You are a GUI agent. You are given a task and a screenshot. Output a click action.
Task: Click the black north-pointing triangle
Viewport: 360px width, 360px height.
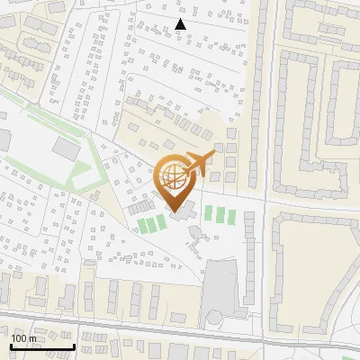coord(181,24)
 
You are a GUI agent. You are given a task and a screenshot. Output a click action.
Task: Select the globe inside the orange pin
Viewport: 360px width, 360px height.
coord(173,176)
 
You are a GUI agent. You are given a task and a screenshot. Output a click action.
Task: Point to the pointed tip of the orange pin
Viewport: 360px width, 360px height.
coord(173,211)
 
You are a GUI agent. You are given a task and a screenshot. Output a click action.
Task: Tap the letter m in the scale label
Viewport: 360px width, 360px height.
coord(33,338)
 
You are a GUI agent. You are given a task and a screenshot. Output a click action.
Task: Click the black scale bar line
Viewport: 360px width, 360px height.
coord(42,346)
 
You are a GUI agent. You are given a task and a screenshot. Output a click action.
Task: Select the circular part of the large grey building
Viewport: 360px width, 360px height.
coord(215,317)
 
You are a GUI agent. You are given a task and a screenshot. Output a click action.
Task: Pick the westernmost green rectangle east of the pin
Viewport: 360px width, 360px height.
coord(209,214)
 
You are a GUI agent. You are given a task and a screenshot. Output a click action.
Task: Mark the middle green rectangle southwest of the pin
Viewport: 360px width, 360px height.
coord(150,223)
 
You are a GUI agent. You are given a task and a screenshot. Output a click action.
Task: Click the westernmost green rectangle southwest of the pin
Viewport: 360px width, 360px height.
coord(140,225)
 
